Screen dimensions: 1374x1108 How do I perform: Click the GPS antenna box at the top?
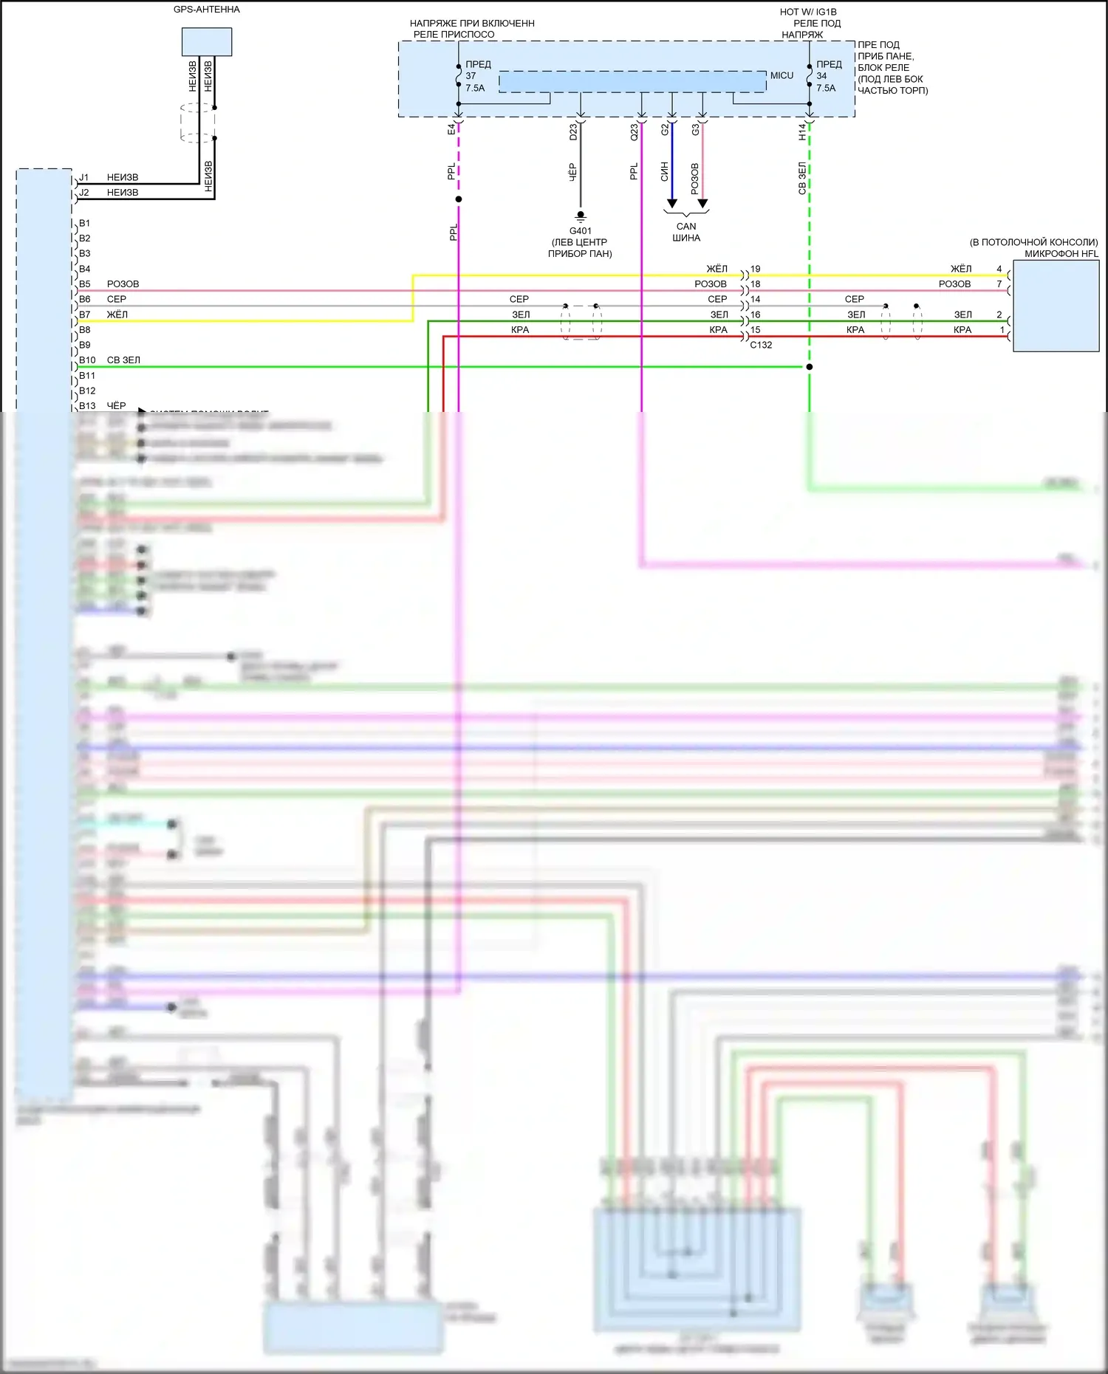click(x=207, y=41)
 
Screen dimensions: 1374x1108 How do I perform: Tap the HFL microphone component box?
click(x=1056, y=306)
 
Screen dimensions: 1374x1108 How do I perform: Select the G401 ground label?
click(x=580, y=231)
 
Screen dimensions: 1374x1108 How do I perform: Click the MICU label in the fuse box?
click(x=782, y=75)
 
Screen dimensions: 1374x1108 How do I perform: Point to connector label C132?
click(x=761, y=345)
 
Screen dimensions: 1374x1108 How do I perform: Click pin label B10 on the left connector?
click(x=87, y=360)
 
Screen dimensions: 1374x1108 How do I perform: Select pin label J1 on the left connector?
click(x=84, y=177)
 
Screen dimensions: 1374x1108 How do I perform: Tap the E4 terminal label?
click(x=451, y=129)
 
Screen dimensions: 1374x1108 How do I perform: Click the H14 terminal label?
click(x=802, y=131)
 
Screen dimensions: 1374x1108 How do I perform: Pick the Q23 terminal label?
click(x=634, y=132)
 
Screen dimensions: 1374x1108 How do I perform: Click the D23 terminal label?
click(x=573, y=132)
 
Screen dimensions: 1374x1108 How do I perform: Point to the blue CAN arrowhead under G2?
click(x=671, y=203)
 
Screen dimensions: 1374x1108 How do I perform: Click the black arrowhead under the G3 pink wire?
click(x=702, y=203)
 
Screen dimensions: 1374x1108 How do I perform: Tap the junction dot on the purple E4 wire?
click(x=459, y=199)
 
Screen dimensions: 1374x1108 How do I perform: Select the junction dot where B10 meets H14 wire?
click(x=810, y=367)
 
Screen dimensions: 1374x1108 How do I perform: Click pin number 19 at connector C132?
click(x=756, y=269)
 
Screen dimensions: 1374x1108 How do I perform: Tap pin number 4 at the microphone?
click(x=999, y=269)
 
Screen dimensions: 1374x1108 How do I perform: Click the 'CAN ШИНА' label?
click(x=686, y=232)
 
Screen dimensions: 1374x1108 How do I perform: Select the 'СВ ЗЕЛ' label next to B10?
click(x=123, y=360)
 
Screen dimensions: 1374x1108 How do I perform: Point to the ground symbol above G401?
click(x=581, y=216)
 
